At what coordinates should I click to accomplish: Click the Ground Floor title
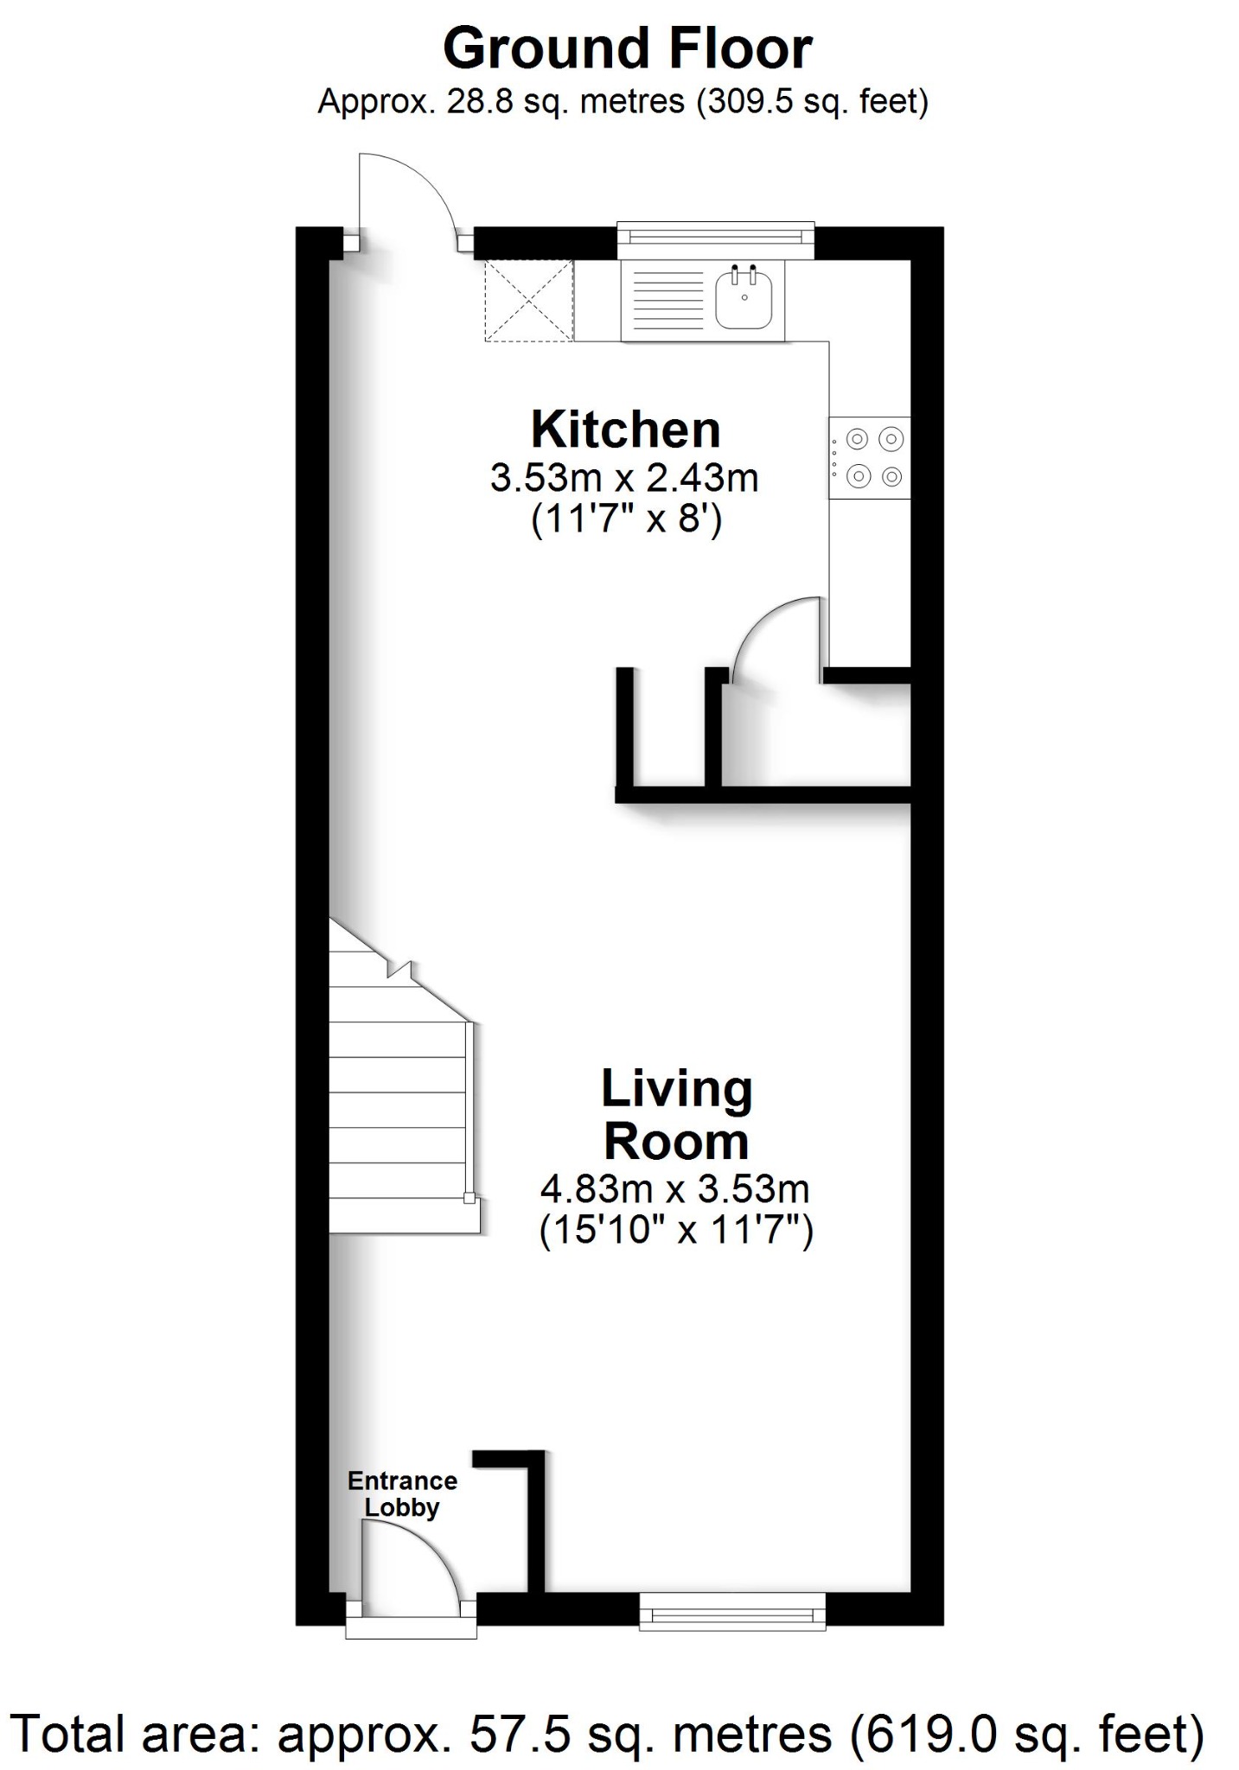click(x=627, y=49)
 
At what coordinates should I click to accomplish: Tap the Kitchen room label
click(x=625, y=430)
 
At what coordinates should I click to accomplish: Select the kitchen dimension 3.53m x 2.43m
click(x=624, y=478)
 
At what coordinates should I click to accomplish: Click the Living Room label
click(x=676, y=1115)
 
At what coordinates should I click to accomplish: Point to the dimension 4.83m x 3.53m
click(x=674, y=1189)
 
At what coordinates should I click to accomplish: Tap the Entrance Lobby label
click(x=402, y=1493)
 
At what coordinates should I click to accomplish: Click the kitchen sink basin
click(x=744, y=297)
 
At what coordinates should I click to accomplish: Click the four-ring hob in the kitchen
click(x=870, y=458)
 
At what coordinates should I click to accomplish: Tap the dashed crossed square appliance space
click(x=528, y=300)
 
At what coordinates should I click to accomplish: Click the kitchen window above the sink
click(x=716, y=239)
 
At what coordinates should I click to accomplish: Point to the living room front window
click(x=732, y=1611)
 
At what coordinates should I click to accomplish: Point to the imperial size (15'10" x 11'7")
click(x=676, y=1228)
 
